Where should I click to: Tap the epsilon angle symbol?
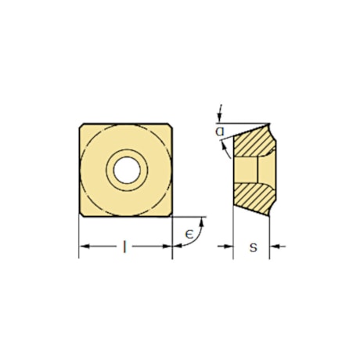pyautogui.click(x=189, y=235)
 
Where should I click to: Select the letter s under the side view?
pyautogui.click(x=252, y=248)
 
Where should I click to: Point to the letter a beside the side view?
pyautogui.click(x=223, y=131)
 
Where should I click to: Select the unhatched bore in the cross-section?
pyautogui.click(x=249, y=170)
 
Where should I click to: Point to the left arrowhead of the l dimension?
pyautogui.click(x=84, y=247)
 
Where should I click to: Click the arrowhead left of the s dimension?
pyautogui.click(x=229, y=247)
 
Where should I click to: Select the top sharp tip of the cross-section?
pyautogui.click(x=270, y=123)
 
